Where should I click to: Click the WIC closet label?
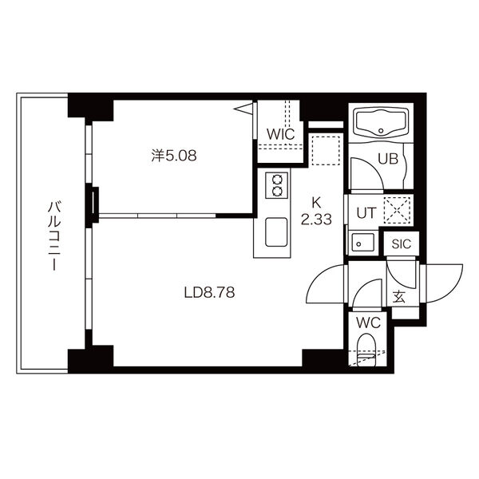tap(280, 134)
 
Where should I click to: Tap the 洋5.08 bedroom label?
tap(174, 156)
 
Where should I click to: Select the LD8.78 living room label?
tap(209, 293)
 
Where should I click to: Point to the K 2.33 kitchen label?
tap(316, 211)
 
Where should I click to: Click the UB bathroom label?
tap(388, 159)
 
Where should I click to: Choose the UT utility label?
tap(366, 213)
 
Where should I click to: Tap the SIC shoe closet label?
tap(402, 243)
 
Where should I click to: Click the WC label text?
tap(368, 323)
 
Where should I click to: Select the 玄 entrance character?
tap(399, 297)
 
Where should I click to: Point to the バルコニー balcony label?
tap(54, 236)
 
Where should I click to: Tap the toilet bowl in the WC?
tap(366, 350)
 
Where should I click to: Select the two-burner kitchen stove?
tap(277, 185)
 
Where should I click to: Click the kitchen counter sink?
tap(276, 232)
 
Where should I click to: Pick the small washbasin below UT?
tap(362, 243)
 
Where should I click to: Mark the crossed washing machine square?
tap(397, 211)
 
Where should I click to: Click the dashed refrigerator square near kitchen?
tap(326, 151)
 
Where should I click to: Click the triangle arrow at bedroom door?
tap(243, 109)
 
